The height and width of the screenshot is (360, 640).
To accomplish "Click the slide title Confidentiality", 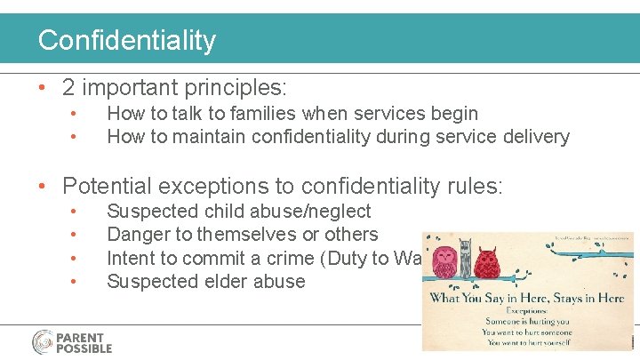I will click(126, 40).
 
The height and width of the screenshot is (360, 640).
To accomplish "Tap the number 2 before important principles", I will click(68, 88).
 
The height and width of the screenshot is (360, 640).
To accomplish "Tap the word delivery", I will click(536, 137).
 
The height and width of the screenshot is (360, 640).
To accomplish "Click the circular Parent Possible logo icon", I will click(44, 342).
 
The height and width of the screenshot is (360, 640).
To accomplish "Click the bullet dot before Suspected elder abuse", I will click(76, 282).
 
